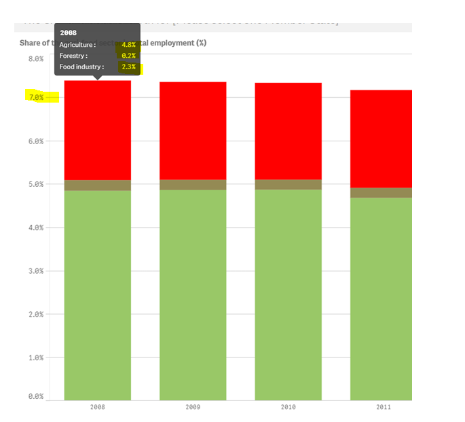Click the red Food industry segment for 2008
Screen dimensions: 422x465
point(97,130)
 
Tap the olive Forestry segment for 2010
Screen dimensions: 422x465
point(288,185)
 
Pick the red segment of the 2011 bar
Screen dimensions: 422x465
point(381,139)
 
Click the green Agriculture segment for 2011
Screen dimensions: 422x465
point(381,298)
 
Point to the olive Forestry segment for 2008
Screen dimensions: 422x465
point(97,186)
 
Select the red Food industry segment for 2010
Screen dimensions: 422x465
point(288,131)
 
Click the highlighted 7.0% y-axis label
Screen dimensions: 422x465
point(35,98)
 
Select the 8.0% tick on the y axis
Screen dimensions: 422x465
point(35,59)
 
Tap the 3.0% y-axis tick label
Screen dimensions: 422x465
point(35,271)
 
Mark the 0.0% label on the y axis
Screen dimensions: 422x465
point(35,396)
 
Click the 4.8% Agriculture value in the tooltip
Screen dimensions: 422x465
point(128,45)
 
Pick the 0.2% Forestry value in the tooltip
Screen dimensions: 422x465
point(128,56)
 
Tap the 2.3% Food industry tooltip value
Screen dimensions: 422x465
point(128,67)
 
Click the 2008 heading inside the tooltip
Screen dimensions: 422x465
point(68,33)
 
